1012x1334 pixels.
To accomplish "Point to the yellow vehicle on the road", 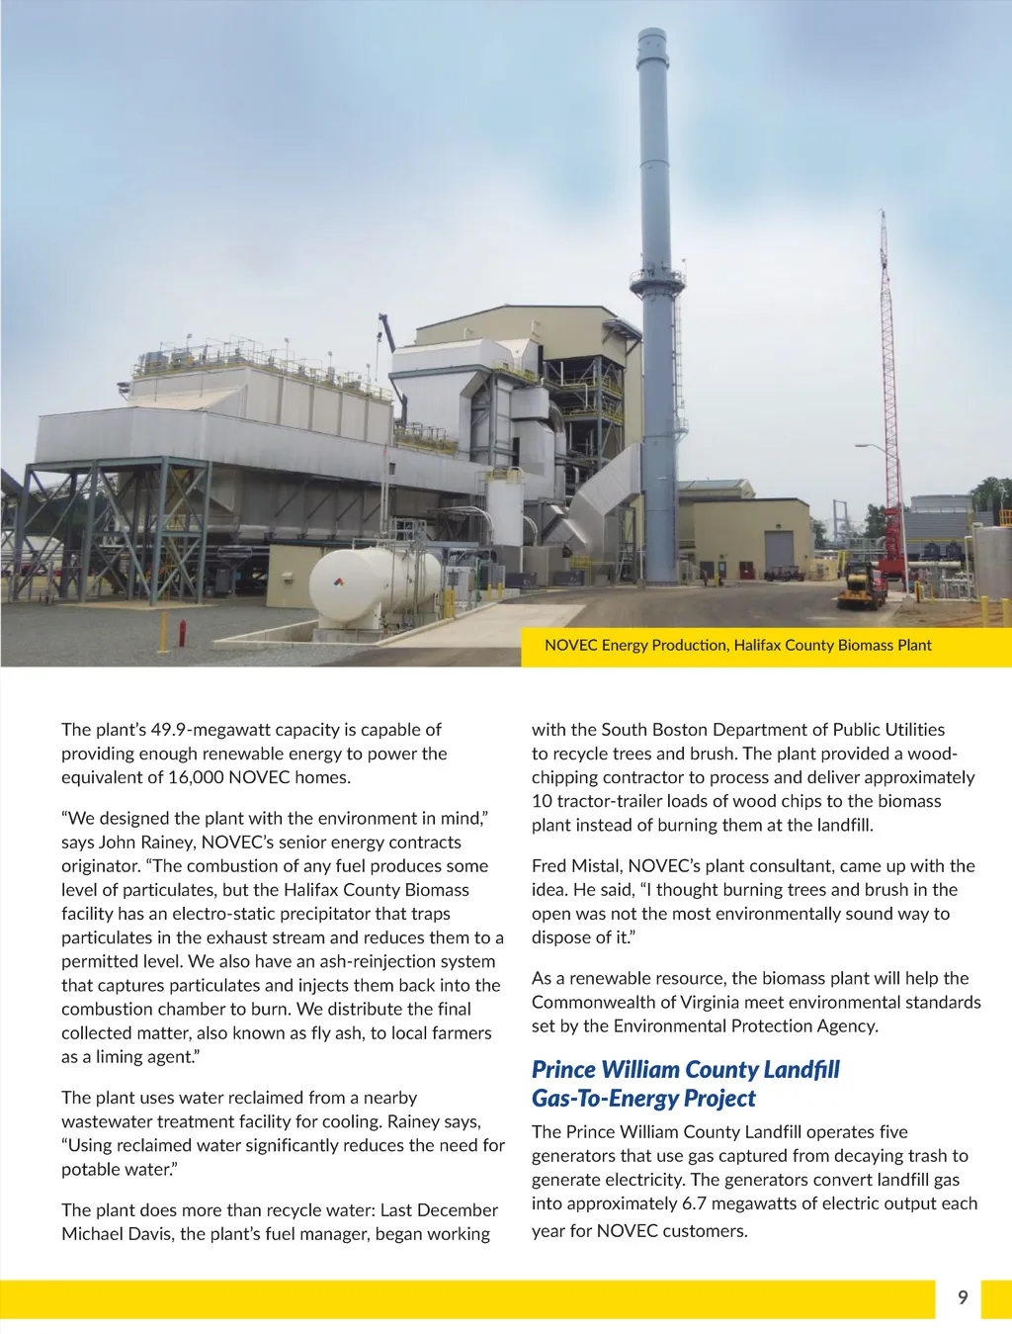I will click(x=862, y=587).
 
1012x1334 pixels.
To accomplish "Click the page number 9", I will click(x=963, y=1297).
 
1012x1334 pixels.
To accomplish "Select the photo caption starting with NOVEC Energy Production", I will click(x=737, y=646).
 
